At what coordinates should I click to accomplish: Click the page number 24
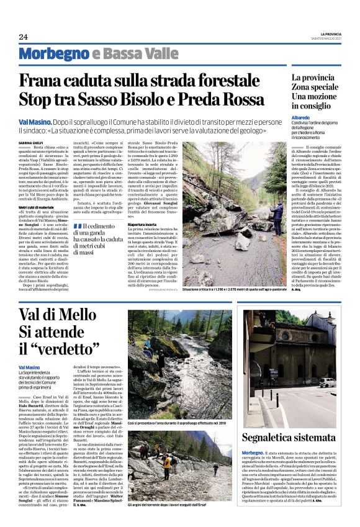(23, 37)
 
